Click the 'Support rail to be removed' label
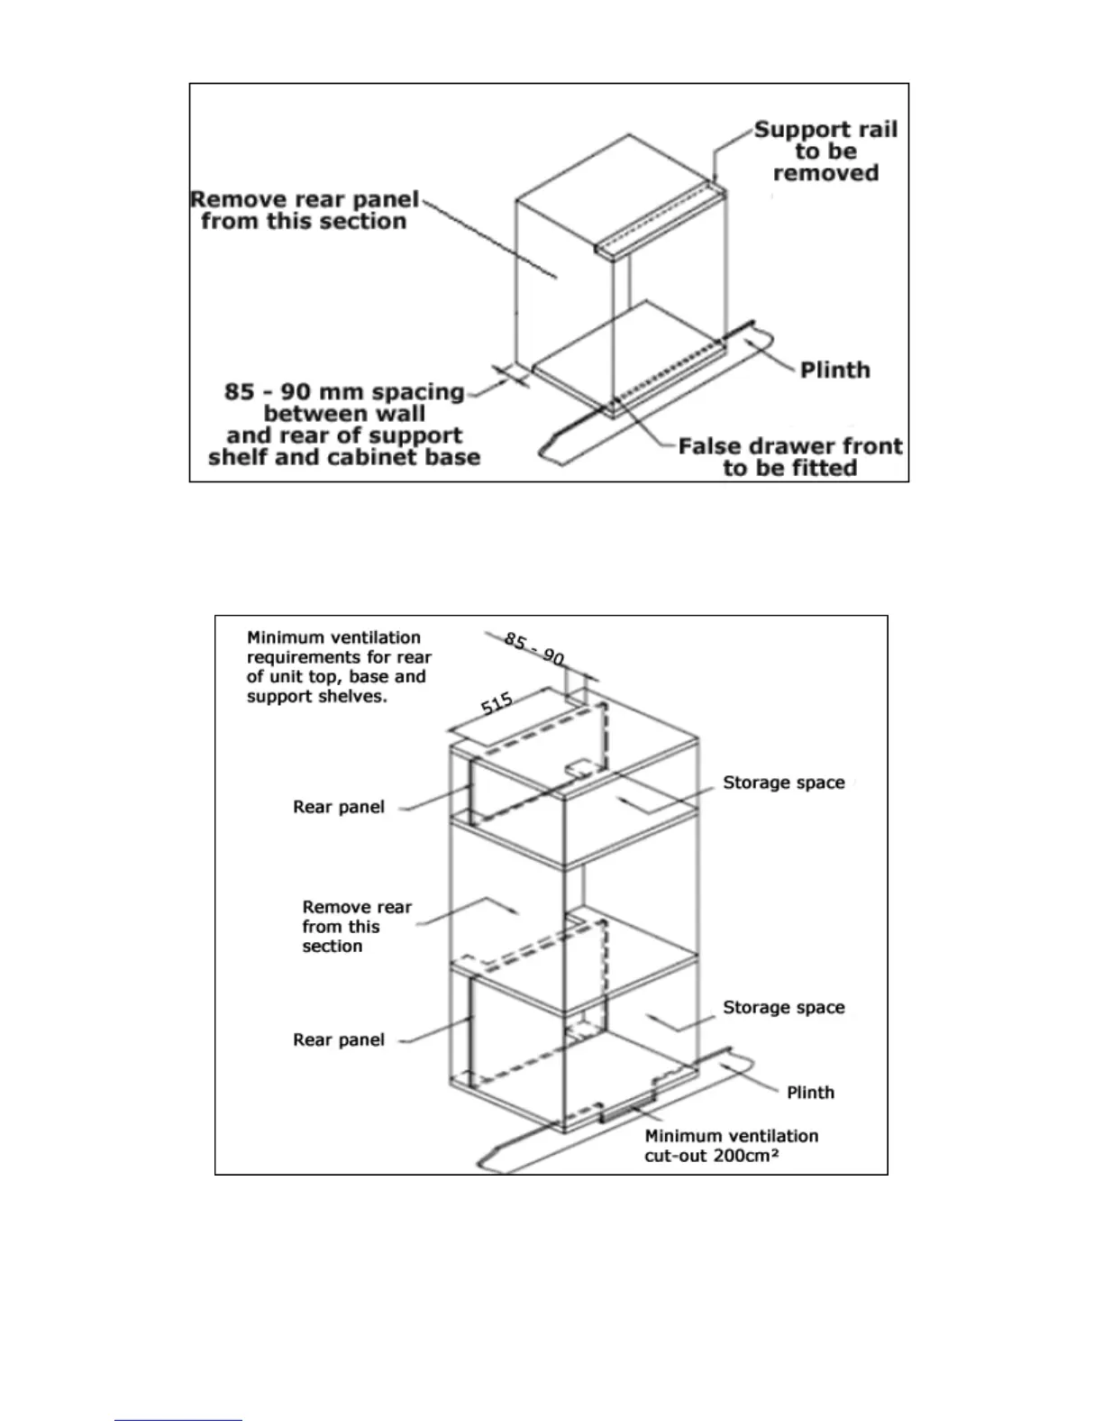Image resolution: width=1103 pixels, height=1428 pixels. click(825, 151)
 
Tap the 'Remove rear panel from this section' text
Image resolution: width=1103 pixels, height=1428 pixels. click(305, 210)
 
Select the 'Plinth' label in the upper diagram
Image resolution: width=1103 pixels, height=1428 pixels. click(834, 371)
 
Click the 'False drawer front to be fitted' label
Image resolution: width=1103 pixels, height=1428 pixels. click(789, 457)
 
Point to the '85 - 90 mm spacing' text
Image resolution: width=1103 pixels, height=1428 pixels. click(343, 392)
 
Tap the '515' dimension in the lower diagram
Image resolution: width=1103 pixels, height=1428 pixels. click(497, 703)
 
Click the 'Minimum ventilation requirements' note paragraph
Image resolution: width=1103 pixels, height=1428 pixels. click(339, 667)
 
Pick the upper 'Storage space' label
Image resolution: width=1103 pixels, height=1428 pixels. click(783, 783)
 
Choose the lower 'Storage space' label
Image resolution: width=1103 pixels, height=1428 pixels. click(783, 1007)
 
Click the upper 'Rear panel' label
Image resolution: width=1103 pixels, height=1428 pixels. click(339, 807)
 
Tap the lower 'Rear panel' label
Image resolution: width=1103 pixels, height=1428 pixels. click(339, 1039)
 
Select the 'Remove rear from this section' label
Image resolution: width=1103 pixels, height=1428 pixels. click(356, 926)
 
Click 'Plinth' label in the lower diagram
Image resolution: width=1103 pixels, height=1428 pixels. click(810, 1093)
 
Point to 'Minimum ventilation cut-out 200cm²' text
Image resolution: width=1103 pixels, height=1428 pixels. click(731, 1146)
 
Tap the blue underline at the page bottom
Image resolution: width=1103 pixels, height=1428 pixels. click(178, 1420)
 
